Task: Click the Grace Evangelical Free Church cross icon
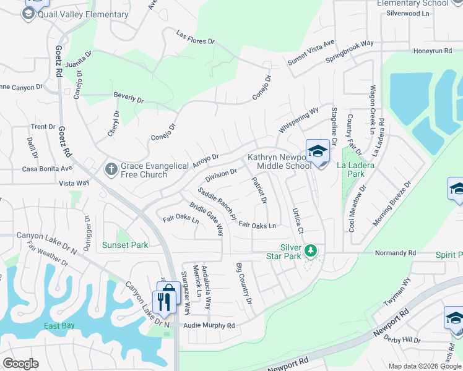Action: [111, 168]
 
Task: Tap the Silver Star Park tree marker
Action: [311, 250]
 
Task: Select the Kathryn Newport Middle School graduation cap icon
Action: [317, 151]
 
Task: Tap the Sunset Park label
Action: [125, 245]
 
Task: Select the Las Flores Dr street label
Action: [195, 37]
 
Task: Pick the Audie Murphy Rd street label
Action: [210, 326]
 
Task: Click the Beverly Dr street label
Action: [129, 98]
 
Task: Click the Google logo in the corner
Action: [20, 364]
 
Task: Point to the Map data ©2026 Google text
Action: [425, 366]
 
